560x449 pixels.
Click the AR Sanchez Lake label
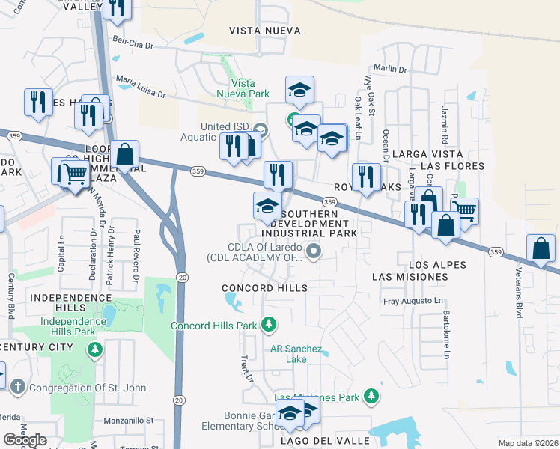tap(296, 354)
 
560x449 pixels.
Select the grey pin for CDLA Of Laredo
tap(314, 252)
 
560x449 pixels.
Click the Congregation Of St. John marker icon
tap(19, 385)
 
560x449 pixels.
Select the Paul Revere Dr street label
tap(136, 254)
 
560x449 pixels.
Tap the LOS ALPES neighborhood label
tap(437, 265)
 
